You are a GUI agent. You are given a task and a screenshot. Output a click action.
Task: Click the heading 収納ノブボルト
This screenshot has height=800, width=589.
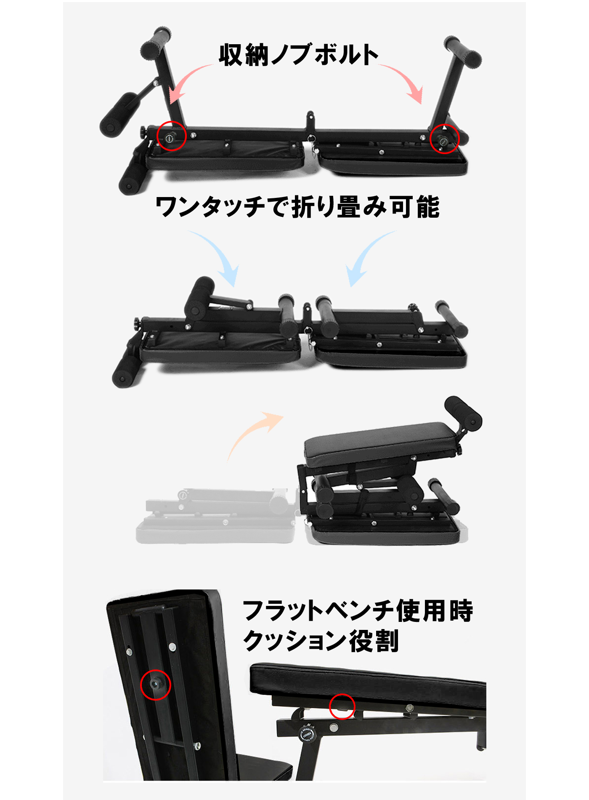(x=298, y=55)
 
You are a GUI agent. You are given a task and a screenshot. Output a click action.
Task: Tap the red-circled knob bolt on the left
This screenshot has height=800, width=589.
(x=171, y=136)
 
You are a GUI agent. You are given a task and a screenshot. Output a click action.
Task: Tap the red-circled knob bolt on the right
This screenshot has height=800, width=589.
(x=444, y=139)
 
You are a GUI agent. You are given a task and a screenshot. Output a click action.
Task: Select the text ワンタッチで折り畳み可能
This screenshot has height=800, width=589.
(x=297, y=207)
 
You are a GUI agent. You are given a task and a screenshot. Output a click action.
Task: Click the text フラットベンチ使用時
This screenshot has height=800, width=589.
(x=358, y=611)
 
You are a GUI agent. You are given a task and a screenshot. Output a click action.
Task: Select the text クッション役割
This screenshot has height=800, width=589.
(x=321, y=641)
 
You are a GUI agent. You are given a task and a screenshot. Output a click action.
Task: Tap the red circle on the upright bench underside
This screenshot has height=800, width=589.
(x=156, y=685)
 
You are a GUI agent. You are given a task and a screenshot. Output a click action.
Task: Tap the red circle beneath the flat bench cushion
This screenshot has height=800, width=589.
(x=342, y=707)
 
